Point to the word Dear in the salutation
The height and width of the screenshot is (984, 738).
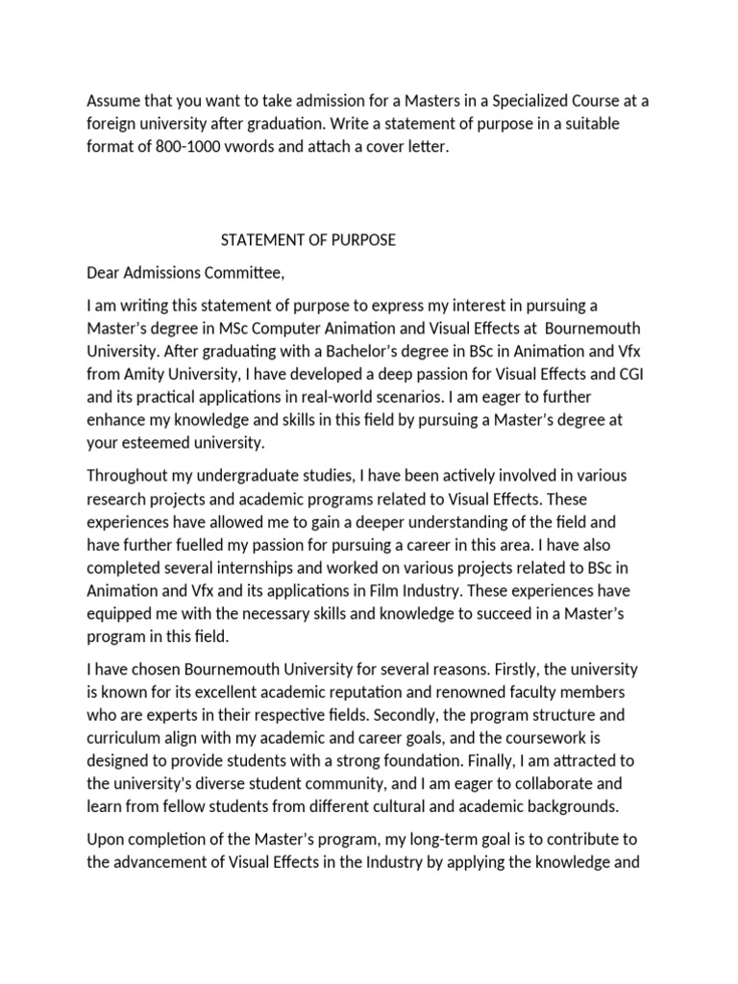104,273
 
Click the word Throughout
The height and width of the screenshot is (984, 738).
132,477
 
